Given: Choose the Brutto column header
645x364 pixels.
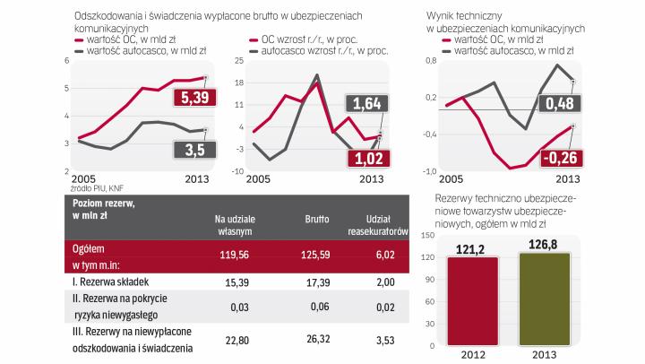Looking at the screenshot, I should point(316,218).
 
